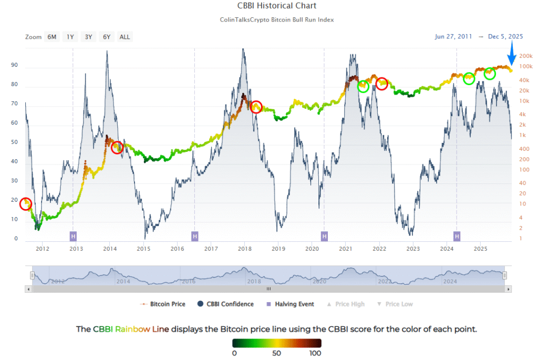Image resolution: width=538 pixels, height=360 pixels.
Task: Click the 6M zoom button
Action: coord(52,37)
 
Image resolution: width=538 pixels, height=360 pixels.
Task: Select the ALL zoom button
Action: coord(125,37)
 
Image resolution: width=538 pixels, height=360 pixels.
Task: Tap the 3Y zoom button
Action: coord(88,37)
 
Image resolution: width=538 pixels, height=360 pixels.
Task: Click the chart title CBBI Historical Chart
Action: coord(268,6)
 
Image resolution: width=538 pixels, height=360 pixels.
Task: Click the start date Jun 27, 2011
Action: coord(453,37)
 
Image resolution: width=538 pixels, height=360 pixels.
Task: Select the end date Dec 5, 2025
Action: coord(505,37)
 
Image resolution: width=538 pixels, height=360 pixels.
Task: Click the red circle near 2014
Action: coord(118,148)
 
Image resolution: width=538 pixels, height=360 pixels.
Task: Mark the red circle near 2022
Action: coord(382,84)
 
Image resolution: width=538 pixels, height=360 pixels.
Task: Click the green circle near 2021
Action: coord(363,86)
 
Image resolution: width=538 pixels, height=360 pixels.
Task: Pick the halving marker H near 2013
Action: coord(73,236)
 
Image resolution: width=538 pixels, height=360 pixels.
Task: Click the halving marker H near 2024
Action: coord(457,236)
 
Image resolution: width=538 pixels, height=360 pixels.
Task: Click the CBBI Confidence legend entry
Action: coord(226,304)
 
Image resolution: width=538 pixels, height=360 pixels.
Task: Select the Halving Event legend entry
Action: coord(291,304)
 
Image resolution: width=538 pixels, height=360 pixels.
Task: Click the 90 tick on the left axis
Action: coord(14,66)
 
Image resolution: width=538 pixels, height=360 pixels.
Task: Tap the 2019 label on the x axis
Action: coord(278,249)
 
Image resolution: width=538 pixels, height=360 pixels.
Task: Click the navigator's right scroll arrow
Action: coord(508,289)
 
